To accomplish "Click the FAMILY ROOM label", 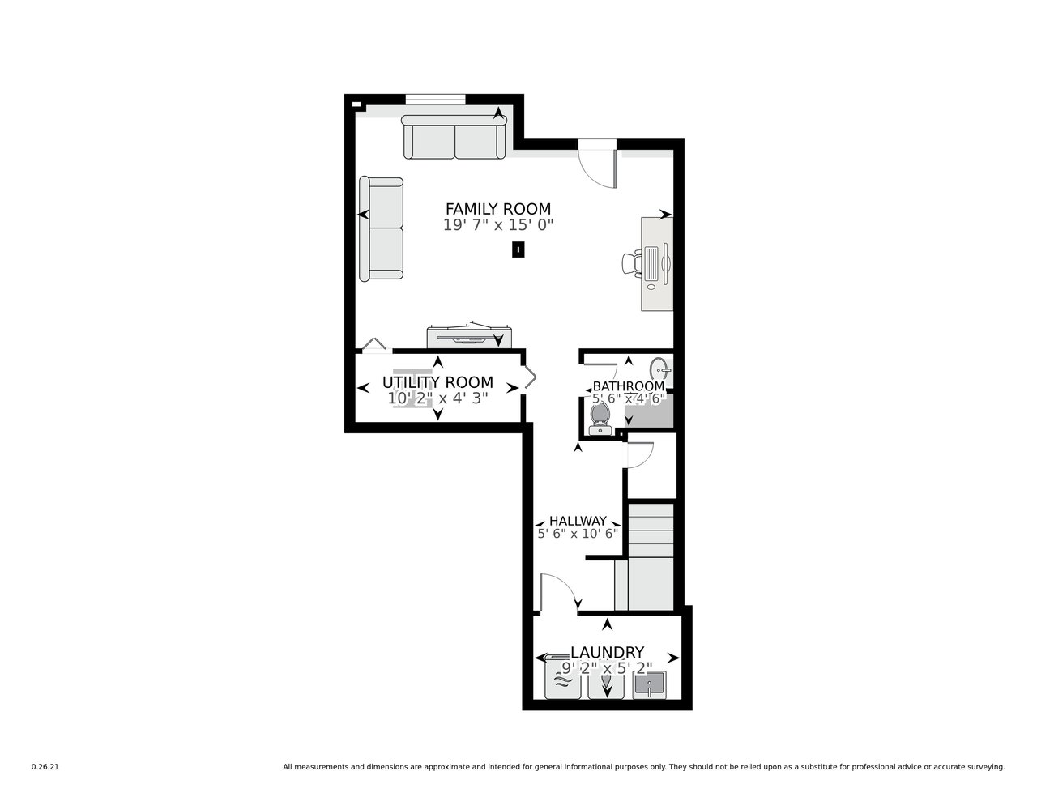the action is click(497, 209).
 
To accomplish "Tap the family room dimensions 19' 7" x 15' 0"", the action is click(497, 224).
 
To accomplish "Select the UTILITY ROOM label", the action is click(437, 382).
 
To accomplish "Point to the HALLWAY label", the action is click(578, 521).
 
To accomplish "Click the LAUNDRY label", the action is click(607, 652).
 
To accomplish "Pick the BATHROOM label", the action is click(628, 386).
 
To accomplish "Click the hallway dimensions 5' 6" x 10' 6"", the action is click(578, 534).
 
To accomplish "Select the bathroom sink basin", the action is click(660, 369).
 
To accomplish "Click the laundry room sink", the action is click(649, 685).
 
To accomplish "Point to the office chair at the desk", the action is click(631, 264).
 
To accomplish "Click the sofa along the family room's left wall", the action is click(381, 228).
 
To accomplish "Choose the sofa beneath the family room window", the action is click(454, 137).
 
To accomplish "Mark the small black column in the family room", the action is click(518, 249).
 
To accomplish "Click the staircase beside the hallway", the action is click(650, 556).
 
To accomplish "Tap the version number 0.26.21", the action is click(45, 767).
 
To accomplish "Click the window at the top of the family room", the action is click(435, 99).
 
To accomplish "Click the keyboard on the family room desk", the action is click(651, 263).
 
